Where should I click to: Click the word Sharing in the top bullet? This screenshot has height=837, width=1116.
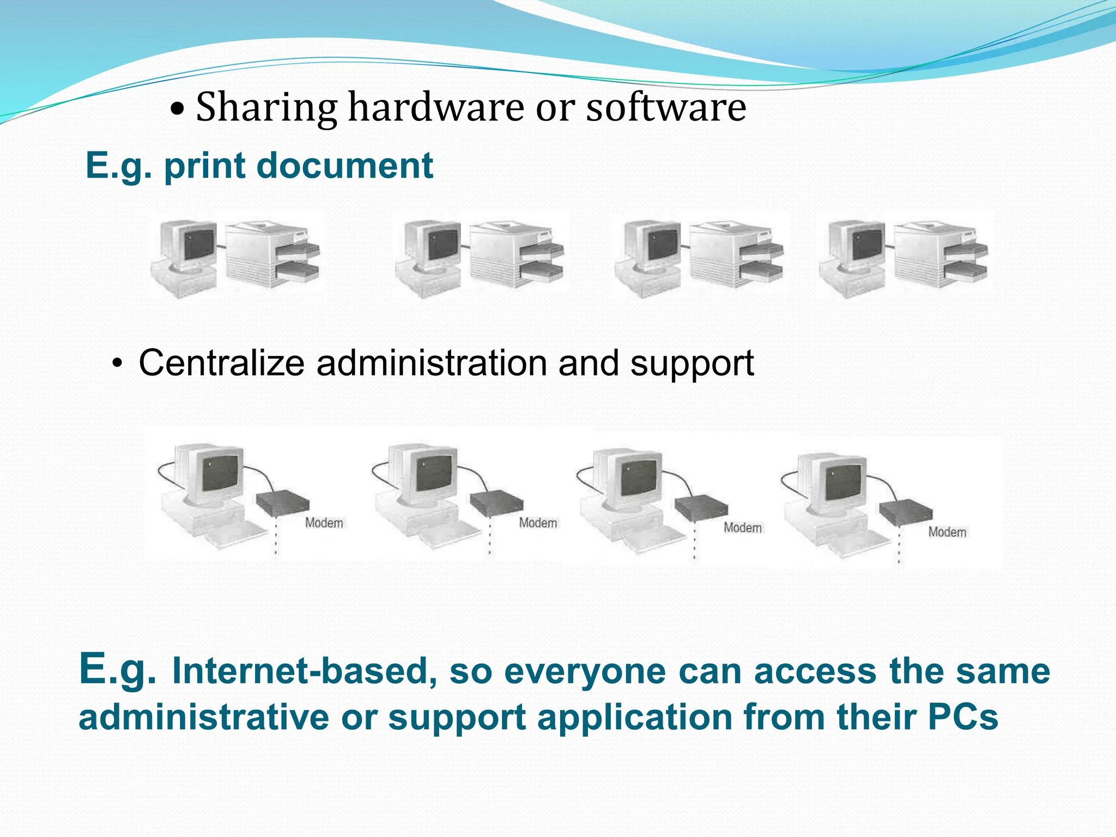point(266,108)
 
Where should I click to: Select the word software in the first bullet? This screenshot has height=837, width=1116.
point(666,107)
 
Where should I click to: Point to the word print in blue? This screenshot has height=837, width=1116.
point(204,167)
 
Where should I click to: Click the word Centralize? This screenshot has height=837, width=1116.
point(221,363)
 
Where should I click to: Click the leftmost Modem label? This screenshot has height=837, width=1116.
point(324,523)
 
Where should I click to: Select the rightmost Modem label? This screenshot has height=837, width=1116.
point(947,532)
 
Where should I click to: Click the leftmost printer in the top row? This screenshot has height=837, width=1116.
point(272,253)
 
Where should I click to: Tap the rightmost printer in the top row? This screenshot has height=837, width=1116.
point(941,253)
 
